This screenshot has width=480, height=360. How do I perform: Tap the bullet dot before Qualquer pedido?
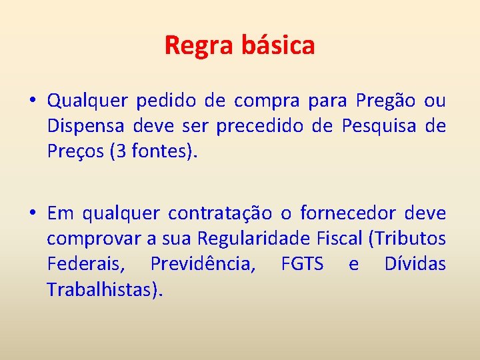(32, 101)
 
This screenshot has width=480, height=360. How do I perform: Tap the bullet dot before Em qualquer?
(32, 213)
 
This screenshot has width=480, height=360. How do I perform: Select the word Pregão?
(386, 101)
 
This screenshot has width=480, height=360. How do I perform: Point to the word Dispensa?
(86, 127)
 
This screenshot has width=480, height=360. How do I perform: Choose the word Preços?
(71, 152)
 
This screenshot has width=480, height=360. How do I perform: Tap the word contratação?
(220, 213)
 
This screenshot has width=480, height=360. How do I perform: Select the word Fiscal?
(341, 239)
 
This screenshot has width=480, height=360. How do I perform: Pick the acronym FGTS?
(302, 264)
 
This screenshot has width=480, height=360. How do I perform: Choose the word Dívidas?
(415, 264)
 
